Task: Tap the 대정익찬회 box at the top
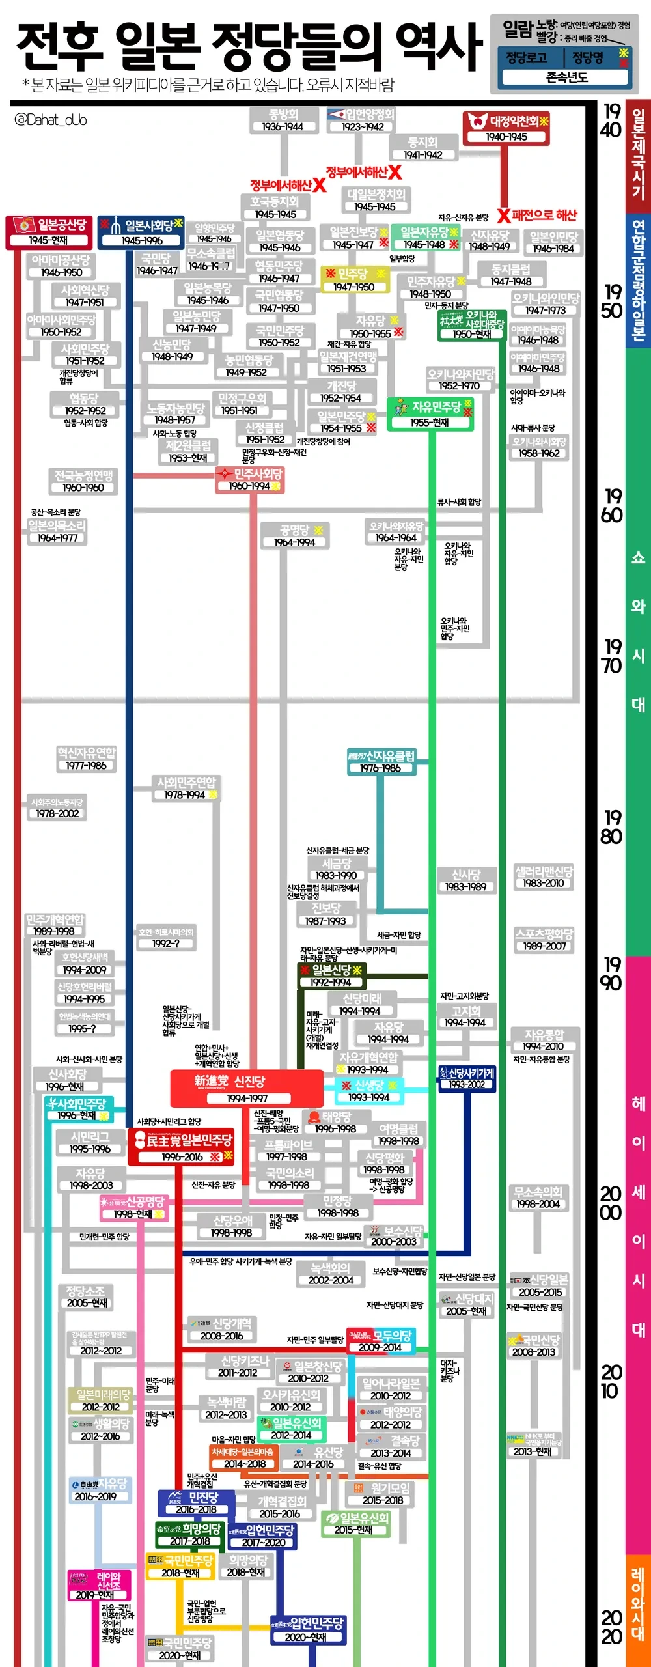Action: coord(506,128)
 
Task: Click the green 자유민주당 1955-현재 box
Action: coord(430,413)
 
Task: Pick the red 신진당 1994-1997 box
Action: coord(247,1088)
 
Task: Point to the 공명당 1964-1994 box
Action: coord(294,535)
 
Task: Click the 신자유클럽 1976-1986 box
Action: coord(381,761)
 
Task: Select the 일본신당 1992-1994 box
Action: coord(331,975)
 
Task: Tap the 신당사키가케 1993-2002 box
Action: coord(467,1078)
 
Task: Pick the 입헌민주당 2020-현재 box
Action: coord(307,1629)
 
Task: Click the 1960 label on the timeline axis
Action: coord(611,505)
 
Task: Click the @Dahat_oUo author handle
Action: coord(50,120)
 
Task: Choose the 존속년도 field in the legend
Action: coord(566,77)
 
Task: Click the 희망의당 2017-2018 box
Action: coord(189,1534)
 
